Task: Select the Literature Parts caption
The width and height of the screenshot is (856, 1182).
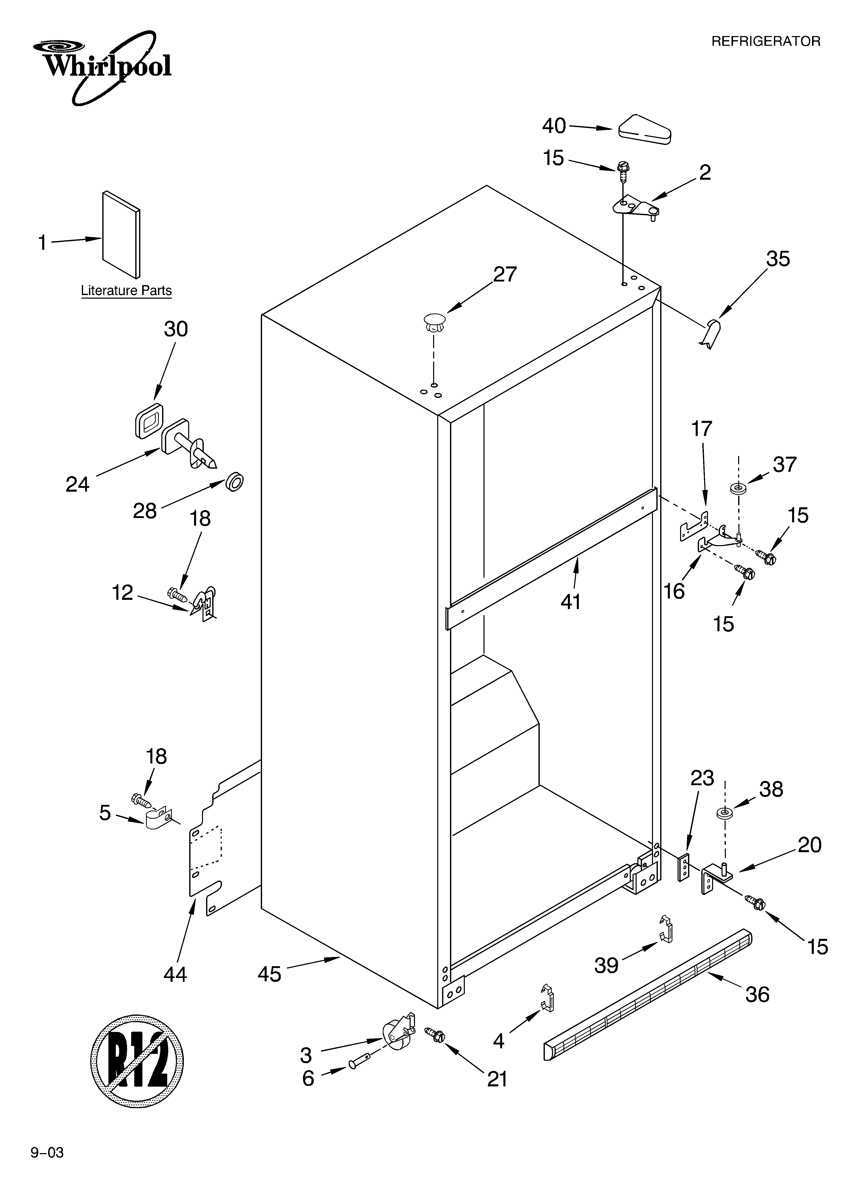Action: tap(126, 290)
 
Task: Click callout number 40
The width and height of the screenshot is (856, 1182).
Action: tap(554, 126)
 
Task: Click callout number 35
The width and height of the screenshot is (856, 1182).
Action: tap(778, 259)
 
